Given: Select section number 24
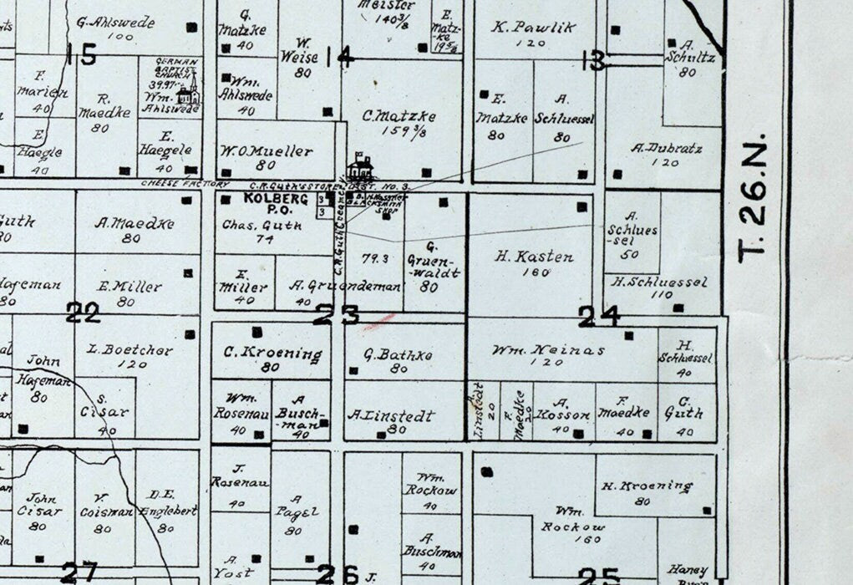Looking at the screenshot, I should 599,315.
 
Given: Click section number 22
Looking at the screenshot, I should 83,313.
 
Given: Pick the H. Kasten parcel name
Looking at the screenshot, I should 534,257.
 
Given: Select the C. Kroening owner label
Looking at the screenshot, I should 272,354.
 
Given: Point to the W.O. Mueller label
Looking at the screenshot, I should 267,152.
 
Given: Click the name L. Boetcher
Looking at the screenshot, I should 135,350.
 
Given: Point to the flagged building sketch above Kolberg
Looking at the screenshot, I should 361,167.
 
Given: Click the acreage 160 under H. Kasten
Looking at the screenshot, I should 534,272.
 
